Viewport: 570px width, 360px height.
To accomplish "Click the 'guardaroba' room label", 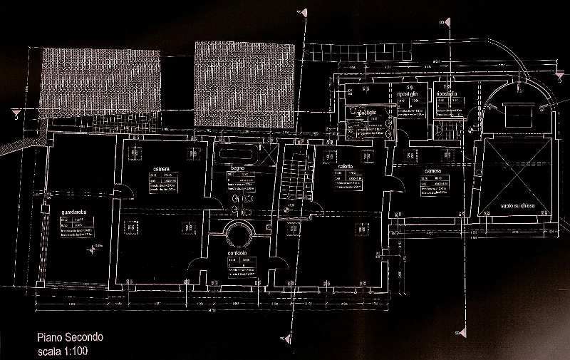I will coord(74,212).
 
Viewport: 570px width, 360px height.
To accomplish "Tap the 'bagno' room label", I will coord(237,168).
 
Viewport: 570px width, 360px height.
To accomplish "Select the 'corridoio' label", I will coord(237,254).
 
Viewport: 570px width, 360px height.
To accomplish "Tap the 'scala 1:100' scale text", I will coord(63,351).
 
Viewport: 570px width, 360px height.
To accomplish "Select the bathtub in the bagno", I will coord(239,153).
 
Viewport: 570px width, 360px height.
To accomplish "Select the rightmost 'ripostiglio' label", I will coord(450,95).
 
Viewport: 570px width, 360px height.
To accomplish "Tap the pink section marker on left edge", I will coord(12,110).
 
